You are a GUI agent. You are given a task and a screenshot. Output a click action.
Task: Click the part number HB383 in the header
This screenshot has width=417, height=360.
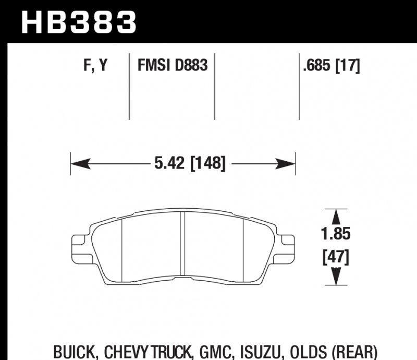click(78, 22)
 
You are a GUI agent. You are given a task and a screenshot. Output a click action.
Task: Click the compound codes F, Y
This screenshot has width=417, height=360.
click(95, 66)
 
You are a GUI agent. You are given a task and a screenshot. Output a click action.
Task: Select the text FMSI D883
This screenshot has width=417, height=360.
click(172, 66)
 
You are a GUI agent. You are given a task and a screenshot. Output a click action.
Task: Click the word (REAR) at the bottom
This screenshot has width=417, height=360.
click(357, 351)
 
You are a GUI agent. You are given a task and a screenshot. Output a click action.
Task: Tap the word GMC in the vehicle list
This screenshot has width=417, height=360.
click(216, 351)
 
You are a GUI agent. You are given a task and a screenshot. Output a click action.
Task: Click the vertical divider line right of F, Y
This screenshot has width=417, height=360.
click(129, 86)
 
